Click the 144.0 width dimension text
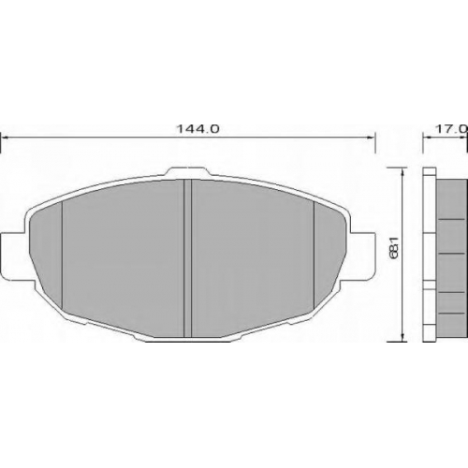pyautogui.click(x=198, y=128)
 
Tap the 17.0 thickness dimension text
pyautogui.click(x=451, y=128)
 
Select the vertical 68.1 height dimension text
pyautogui.click(x=394, y=247)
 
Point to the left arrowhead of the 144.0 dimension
pyautogui.click(x=6, y=137)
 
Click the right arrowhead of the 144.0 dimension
pyautogui.click(x=370, y=137)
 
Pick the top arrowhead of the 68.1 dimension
pyautogui.click(x=403, y=172)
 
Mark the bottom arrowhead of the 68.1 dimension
pyautogui.click(x=403, y=338)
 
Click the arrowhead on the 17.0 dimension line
pyautogui.click(x=428, y=137)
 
